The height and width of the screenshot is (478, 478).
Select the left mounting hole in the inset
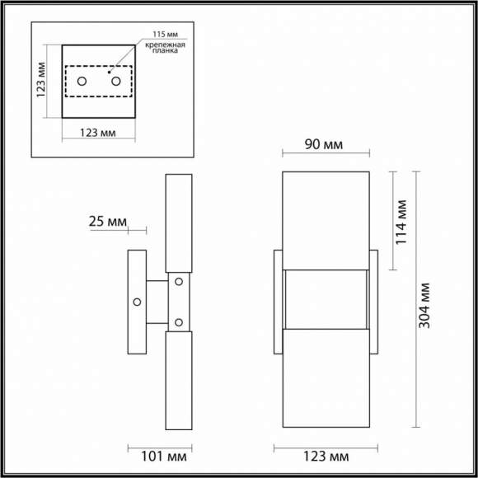tap(82, 81)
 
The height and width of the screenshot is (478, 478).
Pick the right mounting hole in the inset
tap(116, 81)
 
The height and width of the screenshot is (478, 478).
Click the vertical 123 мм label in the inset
tap(42, 78)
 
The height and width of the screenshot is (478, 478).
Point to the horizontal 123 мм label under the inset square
tap(98, 133)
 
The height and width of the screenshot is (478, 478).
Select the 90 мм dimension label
tap(324, 145)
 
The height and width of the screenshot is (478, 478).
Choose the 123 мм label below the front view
tap(324, 454)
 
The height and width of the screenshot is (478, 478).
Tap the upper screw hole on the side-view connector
tap(178, 283)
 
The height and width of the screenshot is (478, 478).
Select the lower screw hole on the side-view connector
tap(178, 321)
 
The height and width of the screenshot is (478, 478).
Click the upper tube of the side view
tap(178, 223)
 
